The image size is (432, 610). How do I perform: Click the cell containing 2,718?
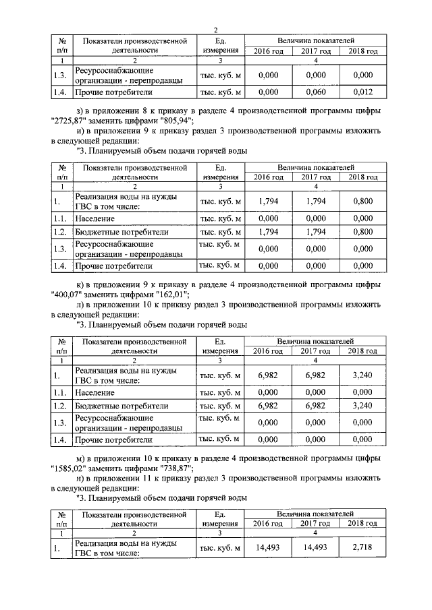pos(362,549)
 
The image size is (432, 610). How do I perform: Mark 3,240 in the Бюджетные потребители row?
pos(362,406)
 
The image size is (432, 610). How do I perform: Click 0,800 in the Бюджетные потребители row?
pos(362,233)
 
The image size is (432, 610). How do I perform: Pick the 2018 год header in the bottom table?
pos(362,523)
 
